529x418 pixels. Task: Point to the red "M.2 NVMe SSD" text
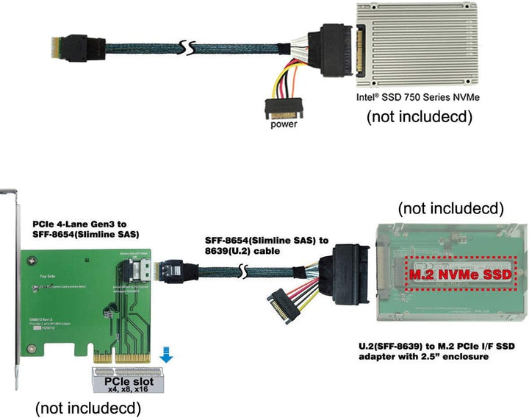pos(447,274)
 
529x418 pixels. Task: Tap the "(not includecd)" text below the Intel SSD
pos(419,116)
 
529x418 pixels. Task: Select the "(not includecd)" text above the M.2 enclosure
pos(450,208)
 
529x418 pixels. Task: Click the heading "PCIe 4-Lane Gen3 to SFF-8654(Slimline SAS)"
pos(86,228)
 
